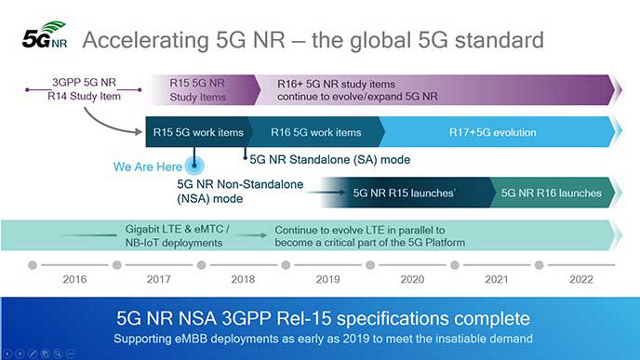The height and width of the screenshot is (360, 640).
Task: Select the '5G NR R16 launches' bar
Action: click(550, 192)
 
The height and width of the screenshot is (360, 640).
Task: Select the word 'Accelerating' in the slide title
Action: click(140, 41)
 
